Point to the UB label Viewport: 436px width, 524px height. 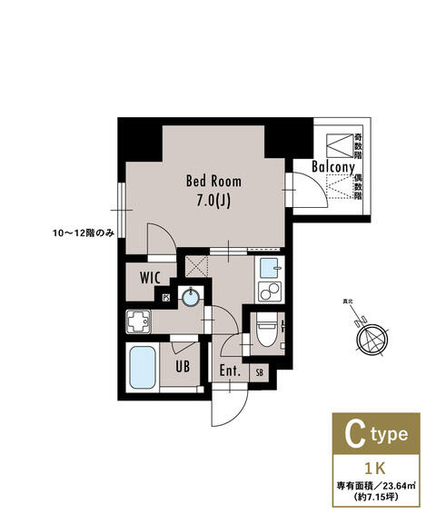pyautogui.click(x=183, y=368)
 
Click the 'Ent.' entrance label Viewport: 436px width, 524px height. pyautogui.click(x=229, y=371)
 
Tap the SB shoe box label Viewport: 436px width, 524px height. pyautogui.click(x=260, y=372)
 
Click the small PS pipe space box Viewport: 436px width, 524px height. pyautogui.click(x=166, y=298)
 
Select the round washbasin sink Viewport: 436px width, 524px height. pyautogui.click(x=191, y=297)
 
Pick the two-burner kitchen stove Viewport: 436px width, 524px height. pyautogui.click(x=269, y=292)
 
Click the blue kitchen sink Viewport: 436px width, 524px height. pyautogui.click(x=269, y=268)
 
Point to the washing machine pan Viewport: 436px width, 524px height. pyautogui.click(x=141, y=321)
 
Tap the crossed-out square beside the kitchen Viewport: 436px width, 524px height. pyautogui.click(x=195, y=265)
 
